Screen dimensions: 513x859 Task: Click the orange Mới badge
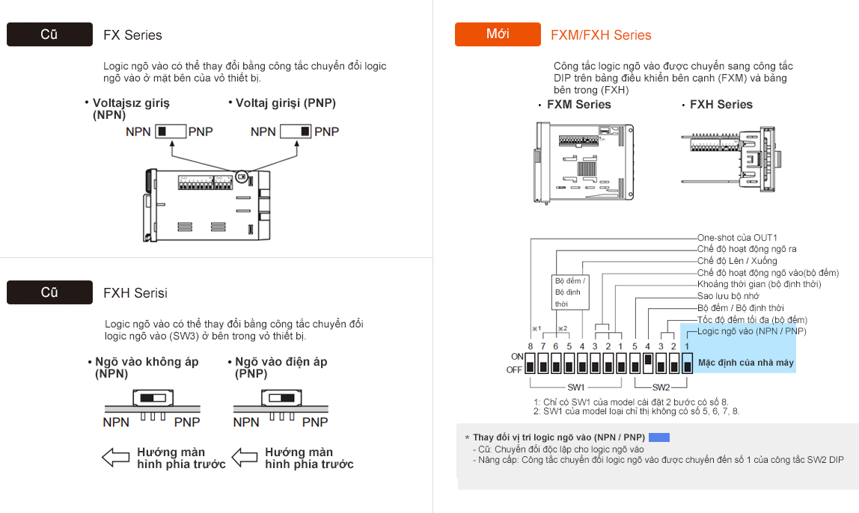pos(498,34)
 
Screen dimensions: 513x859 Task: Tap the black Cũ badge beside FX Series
pos(49,34)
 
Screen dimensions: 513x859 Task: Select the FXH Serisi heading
pos(135,293)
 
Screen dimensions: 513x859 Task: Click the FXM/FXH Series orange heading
pos(601,35)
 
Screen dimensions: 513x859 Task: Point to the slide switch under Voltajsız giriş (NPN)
pos(170,132)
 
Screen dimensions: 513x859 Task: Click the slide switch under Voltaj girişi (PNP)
pos(296,132)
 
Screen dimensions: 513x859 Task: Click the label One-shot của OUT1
pos(737,238)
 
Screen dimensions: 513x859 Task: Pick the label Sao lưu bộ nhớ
pos(728,296)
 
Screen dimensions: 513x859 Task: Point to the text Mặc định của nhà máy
pos(745,363)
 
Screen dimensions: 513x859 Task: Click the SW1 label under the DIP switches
pos(575,387)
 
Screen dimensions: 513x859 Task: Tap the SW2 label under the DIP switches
pos(661,387)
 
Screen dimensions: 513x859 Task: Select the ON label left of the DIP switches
pos(516,357)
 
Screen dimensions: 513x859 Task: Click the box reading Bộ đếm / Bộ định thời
pos(572,292)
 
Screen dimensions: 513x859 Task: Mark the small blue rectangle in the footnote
pos(658,437)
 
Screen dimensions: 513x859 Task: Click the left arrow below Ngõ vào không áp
pos(115,458)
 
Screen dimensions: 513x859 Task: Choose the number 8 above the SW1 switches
pos(530,346)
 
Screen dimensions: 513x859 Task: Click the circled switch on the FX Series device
pos(241,177)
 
